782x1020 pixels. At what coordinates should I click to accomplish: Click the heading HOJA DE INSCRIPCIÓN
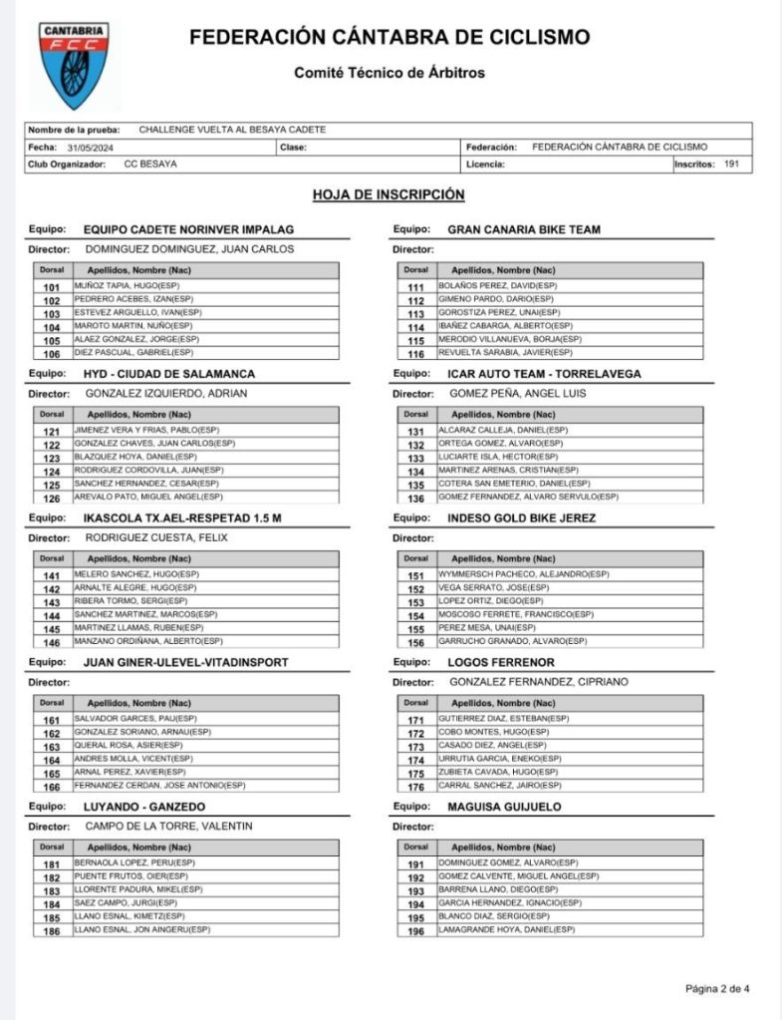pyautogui.click(x=389, y=194)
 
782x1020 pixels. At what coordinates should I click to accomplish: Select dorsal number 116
pyautogui.click(x=416, y=354)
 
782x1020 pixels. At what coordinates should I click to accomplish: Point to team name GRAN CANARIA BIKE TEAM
pyautogui.click(x=524, y=229)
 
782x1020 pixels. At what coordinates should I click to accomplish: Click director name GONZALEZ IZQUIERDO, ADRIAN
pyautogui.click(x=165, y=393)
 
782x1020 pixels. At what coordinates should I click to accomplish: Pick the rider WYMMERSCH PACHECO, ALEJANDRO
pyautogui.click(x=510, y=574)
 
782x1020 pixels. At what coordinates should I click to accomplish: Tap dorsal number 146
pyautogui.click(x=52, y=642)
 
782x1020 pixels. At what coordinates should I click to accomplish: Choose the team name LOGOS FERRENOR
pyautogui.click(x=501, y=662)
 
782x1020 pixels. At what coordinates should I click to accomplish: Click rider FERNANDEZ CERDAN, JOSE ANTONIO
pyautogui.click(x=159, y=786)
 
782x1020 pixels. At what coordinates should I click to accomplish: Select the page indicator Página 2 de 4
pyautogui.click(x=717, y=989)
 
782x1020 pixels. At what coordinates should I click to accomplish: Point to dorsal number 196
pyautogui.click(x=416, y=931)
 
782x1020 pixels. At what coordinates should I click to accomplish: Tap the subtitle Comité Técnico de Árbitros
pyautogui.click(x=390, y=73)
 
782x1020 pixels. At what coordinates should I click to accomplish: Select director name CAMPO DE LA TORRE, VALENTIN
pyautogui.click(x=168, y=826)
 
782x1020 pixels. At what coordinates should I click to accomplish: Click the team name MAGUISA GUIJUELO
pyautogui.click(x=504, y=807)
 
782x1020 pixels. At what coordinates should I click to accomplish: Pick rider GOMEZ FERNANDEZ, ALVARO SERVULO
pyautogui.click(x=527, y=497)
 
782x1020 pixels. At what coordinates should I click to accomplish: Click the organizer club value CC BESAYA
pyautogui.click(x=150, y=165)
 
